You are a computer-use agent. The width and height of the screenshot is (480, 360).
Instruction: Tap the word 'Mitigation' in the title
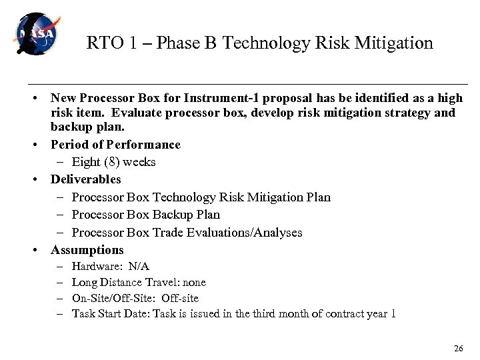[x=396, y=43]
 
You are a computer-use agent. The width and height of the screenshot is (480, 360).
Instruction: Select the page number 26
[x=457, y=349]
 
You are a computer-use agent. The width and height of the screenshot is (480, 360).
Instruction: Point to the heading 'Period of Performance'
[x=115, y=145]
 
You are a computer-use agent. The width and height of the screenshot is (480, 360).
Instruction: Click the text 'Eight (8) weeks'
[x=113, y=162]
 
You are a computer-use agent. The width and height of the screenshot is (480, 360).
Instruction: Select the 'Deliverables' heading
[x=85, y=179]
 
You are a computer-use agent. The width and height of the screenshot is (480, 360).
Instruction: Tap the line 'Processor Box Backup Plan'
[x=145, y=215]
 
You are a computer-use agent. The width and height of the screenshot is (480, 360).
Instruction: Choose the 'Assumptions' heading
[x=87, y=250]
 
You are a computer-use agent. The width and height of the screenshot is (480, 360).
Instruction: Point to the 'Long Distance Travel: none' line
[x=139, y=283]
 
